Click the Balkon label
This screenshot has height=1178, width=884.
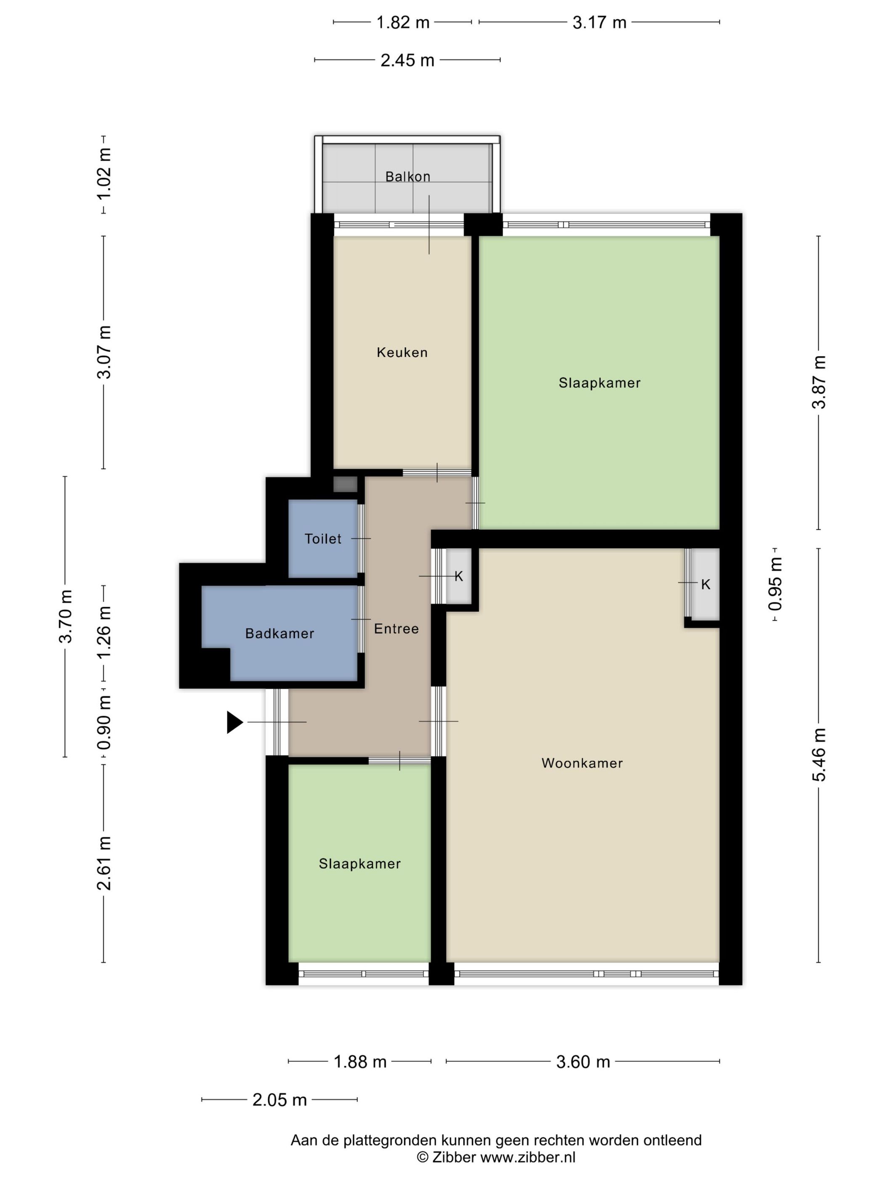point(407,176)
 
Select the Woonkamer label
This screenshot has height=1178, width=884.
point(582,763)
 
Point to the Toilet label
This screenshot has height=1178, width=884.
point(323,539)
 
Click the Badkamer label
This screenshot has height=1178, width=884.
point(280,633)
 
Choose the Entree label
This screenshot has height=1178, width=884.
point(397,629)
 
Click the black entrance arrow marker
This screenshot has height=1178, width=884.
point(235,722)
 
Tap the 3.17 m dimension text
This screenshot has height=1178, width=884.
point(599,22)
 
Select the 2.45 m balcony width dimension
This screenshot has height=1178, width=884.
point(407,60)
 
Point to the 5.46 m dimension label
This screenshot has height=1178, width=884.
point(819,755)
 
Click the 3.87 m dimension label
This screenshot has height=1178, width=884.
point(819,382)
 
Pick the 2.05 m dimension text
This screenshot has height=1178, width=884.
point(280,1100)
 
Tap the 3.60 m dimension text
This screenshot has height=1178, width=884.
point(583,1061)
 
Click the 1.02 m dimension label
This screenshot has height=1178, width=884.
point(104,174)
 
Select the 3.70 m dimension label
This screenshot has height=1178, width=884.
point(66,616)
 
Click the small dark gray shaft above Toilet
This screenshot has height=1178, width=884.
point(345,484)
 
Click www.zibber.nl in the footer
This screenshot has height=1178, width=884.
point(528,1157)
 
